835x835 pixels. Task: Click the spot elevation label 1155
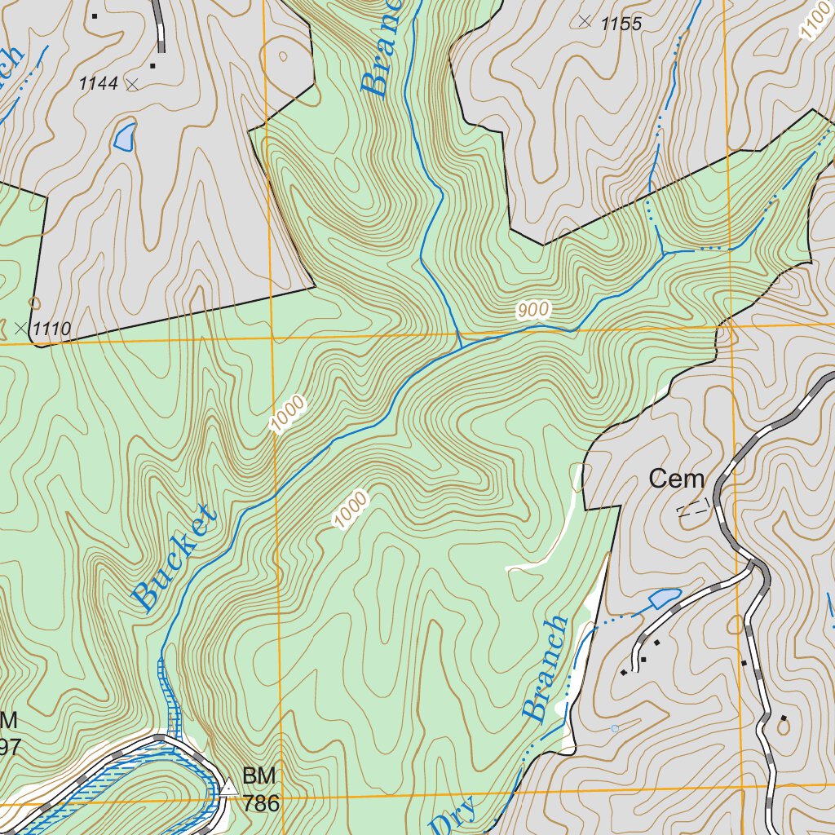621,24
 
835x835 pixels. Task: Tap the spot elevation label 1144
99,83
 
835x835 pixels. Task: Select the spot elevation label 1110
51,329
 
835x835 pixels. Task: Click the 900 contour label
533,310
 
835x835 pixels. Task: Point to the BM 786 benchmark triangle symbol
229,788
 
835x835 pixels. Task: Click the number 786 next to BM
260,804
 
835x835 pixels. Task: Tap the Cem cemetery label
676,479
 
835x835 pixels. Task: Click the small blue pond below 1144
125,137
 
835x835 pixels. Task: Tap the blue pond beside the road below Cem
665,599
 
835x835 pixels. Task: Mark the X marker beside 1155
585,21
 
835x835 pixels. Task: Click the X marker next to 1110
21,329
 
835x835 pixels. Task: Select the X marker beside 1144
133,83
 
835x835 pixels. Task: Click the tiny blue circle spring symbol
615,728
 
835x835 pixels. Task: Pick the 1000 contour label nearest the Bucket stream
288,414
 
